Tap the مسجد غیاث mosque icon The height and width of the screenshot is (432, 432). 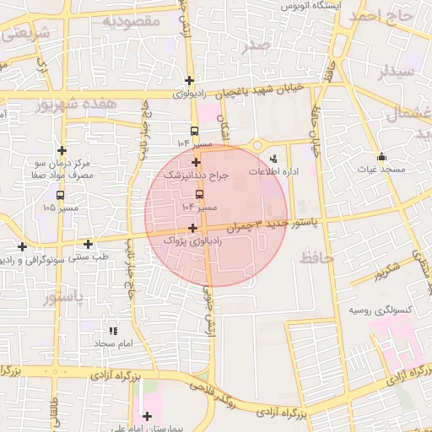[381, 156]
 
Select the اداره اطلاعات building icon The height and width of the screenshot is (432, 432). [273, 158]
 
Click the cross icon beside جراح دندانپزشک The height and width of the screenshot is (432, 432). [197, 162]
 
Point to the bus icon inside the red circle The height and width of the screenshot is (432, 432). [199, 194]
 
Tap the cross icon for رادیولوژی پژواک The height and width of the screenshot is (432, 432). [193, 228]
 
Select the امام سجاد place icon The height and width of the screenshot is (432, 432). [114, 331]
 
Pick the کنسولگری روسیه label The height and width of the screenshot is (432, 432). [380, 310]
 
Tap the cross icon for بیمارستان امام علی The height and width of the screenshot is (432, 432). [147, 415]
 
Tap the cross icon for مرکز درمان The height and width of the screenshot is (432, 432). [61, 149]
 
